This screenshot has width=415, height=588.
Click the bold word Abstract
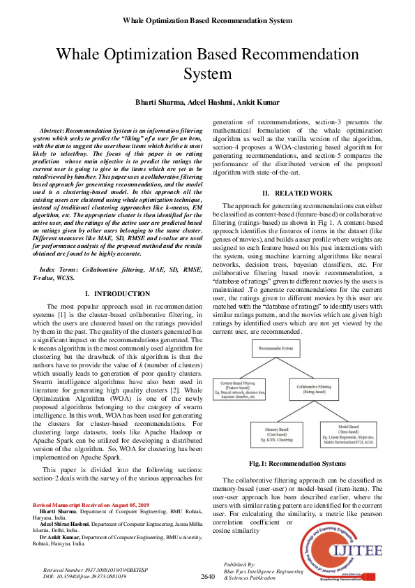[52, 131]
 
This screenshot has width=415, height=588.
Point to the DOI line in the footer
[84, 577]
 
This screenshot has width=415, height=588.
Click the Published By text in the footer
[239, 563]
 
